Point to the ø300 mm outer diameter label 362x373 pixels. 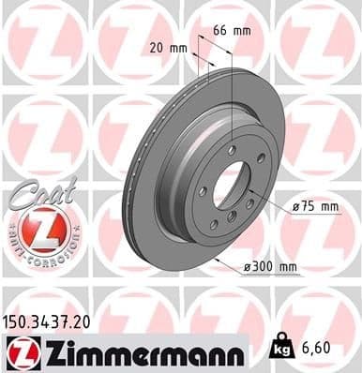pos(271,268)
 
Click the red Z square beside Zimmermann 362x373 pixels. pos(21,352)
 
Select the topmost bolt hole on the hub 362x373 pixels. pos(231,151)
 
